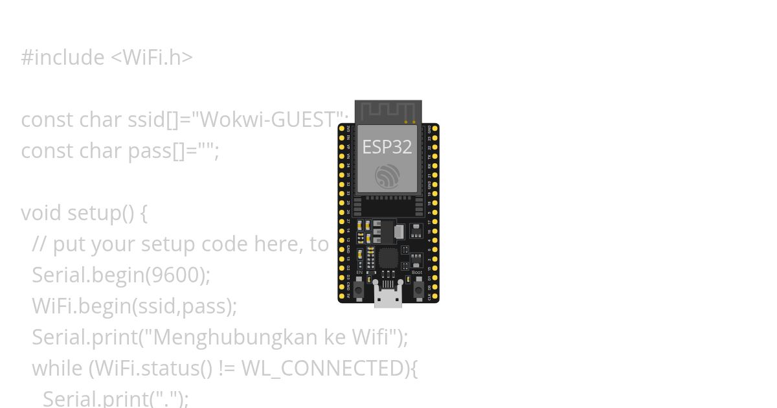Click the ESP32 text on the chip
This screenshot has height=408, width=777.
click(387, 147)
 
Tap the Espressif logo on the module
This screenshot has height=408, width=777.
click(387, 176)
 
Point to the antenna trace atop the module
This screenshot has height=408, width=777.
click(388, 110)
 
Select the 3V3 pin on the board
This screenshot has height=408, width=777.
click(342, 129)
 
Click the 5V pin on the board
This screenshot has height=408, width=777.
click(342, 296)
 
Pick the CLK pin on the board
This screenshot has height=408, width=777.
click(435, 296)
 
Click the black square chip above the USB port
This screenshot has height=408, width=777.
click(388, 258)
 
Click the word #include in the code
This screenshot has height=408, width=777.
click(62, 58)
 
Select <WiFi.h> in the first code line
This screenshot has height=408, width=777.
click(152, 58)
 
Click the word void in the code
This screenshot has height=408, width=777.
click(41, 213)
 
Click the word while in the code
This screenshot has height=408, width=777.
click(58, 368)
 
